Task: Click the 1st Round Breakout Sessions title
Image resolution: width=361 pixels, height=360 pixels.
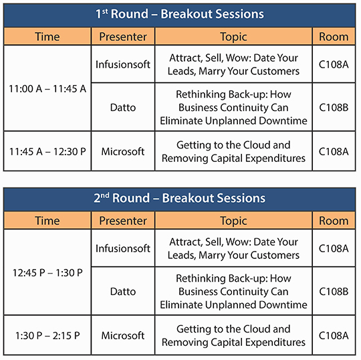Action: (x=180, y=14)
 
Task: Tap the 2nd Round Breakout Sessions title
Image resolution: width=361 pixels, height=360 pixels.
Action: (x=180, y=198)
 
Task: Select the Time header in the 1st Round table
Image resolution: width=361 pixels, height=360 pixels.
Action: (x=47, y=37)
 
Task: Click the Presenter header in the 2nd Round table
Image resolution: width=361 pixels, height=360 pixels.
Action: (x=123, y=221)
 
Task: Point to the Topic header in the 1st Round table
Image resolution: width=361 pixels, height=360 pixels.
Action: (x=233, y=37)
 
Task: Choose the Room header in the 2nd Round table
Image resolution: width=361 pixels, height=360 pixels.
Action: (x=334, y=221)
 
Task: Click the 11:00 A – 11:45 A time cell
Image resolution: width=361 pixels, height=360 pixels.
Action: (x=47, y=89)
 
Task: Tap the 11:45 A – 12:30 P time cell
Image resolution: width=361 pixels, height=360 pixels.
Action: (x=47, y=151)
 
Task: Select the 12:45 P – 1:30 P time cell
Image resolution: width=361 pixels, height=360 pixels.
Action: (x=47, y=272)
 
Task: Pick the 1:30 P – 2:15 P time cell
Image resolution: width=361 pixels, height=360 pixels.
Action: (x=47, y=335)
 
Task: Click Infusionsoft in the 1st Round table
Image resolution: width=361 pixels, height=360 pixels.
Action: (x=123, y=64)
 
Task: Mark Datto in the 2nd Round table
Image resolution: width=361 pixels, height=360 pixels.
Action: (x=123, y=292)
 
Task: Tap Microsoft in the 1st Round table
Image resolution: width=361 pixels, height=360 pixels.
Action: (x=123, y=151)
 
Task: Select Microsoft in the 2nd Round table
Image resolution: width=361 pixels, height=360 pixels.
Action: (x=123, y=335)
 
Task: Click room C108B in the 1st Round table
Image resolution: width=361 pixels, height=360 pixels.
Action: (x=334, y=108)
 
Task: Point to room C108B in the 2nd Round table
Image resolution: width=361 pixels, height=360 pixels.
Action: (x=334, y=292)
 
